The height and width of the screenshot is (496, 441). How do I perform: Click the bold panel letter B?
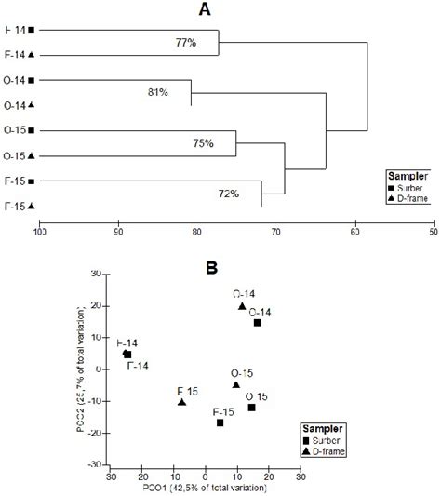(x=212, y=267)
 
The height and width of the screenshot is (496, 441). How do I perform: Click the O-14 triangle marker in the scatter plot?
(x=242, y=306)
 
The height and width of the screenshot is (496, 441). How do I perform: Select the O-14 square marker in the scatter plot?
(x=258, y=323)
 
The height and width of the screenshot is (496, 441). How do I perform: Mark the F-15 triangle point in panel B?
(x=181, y=402)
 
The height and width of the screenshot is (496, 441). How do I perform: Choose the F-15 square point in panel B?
(x=220, y=422)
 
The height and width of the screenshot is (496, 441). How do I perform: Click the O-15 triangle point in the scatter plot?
(x=236, y=385)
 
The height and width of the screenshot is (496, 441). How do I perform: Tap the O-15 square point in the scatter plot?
(x=251, y=408)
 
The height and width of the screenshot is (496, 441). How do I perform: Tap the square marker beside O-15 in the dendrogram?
(x=32, y=130)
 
